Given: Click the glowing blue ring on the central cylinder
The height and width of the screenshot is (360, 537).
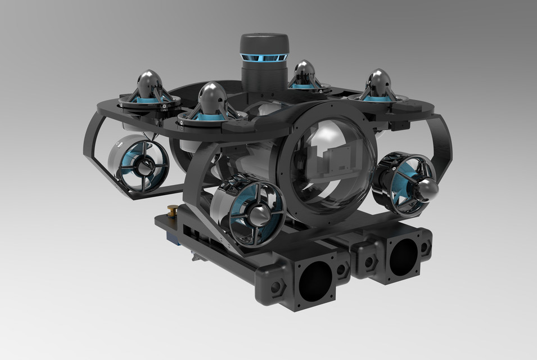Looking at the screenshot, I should (264, 58).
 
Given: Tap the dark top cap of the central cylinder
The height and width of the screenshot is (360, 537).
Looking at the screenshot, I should (264, 42).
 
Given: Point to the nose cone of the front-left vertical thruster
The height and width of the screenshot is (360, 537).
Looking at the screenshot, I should (212, 95).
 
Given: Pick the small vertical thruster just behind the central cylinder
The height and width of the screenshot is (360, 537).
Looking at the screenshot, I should (304, 74).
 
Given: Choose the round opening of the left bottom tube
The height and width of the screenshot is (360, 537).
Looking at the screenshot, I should (314, 280).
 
